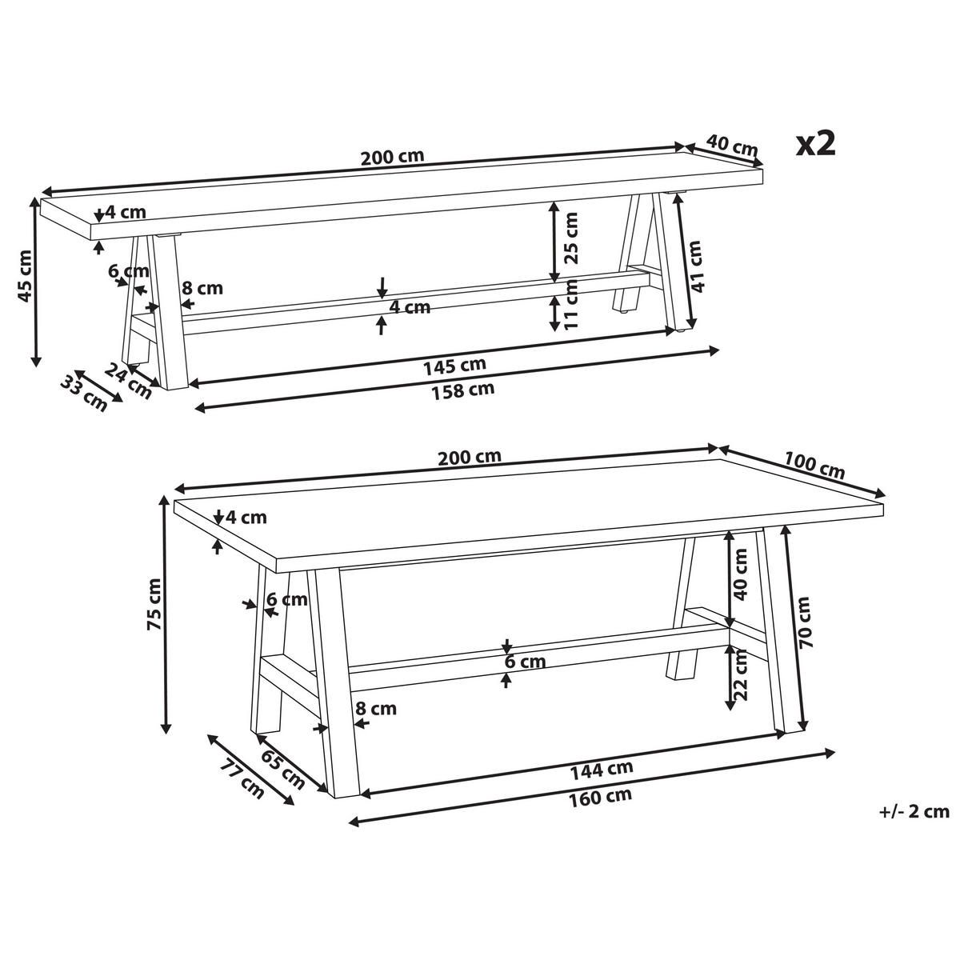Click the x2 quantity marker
pyautogui.click(x=814, y=145)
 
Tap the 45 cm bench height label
pyautogui.click(x=24, y=282)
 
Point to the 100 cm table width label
pyautogui.click(x=814, y=466)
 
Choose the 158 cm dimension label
pyautogui.click(x=462, y=390)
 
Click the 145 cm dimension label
pyautogui.click(x=454, y=366)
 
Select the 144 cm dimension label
pyautogui.click(x=602, y=770)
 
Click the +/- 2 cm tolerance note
pyautogui.click(x=914, y=812)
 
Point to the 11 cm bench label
pyautogui.click(x=570, y=304)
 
